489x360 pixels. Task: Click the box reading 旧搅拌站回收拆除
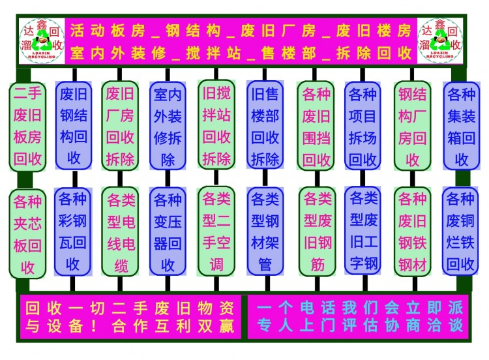pos(216,125)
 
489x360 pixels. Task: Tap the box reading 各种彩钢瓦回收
pos(73,232)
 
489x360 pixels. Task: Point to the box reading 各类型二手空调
pos(216,232)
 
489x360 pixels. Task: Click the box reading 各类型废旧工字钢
pos(363,231)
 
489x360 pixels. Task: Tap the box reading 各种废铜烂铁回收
pos(461,232)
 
